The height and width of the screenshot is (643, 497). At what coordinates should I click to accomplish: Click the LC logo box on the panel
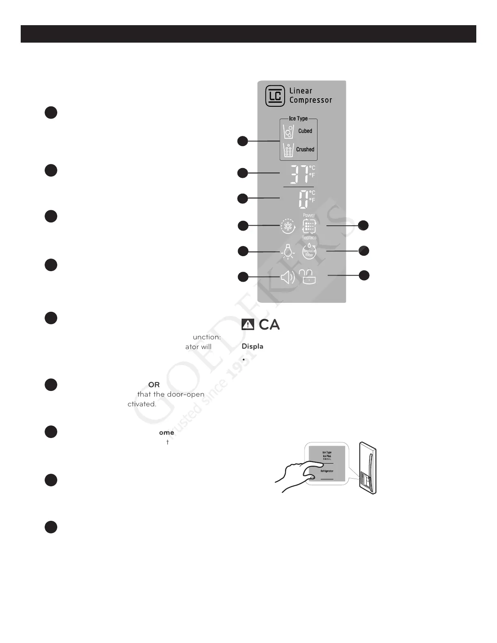pyautogui.click(x=275, y=96)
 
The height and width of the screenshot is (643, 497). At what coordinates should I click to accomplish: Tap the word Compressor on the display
pyautogui.click(x=311, y=100)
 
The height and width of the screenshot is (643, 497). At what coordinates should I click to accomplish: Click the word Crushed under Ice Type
pyautogui.click(x=305, y=149)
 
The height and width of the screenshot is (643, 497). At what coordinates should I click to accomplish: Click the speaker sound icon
pyautogui.click(x=287, y=278)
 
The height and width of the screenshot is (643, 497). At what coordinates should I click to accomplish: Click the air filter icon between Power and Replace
pyautogui.click(x=309, y=226)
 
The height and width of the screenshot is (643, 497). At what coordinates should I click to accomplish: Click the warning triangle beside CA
pyautogui.click(x=248, y=324)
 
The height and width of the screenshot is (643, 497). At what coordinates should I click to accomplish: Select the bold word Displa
pyautogui.click(x=253, y=346)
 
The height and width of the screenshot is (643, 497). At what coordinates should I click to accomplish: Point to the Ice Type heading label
pyautogui.click(x=298, y=119)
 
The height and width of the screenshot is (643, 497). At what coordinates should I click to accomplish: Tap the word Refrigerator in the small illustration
pyautogui.click(x=327, y=471)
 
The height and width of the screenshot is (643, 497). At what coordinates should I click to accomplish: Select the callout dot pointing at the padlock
pyautogui.click(x=364, y=275)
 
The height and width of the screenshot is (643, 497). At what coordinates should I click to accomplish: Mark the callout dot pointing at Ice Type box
pyautogui.click(x=242, y=141)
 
